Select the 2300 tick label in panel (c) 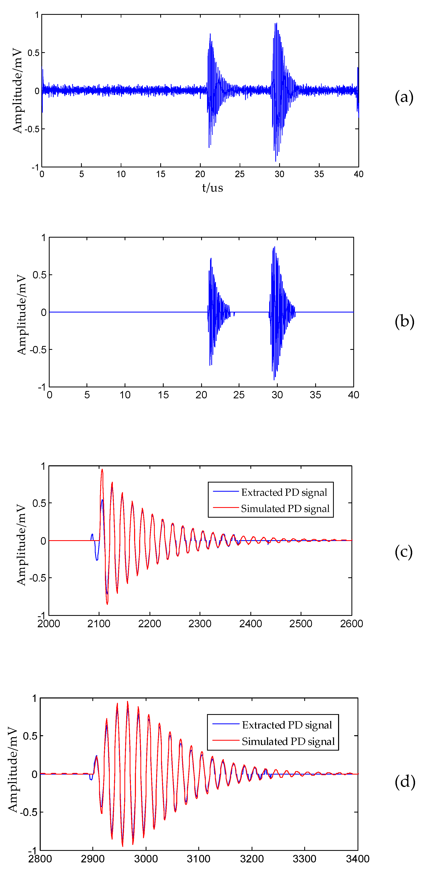coord(200,624)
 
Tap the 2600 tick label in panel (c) coord(351,624)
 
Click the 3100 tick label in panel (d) coord(199,859)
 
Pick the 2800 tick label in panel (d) coord(40,859)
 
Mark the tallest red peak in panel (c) coord(102,470)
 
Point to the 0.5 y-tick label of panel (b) coord(39,275)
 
